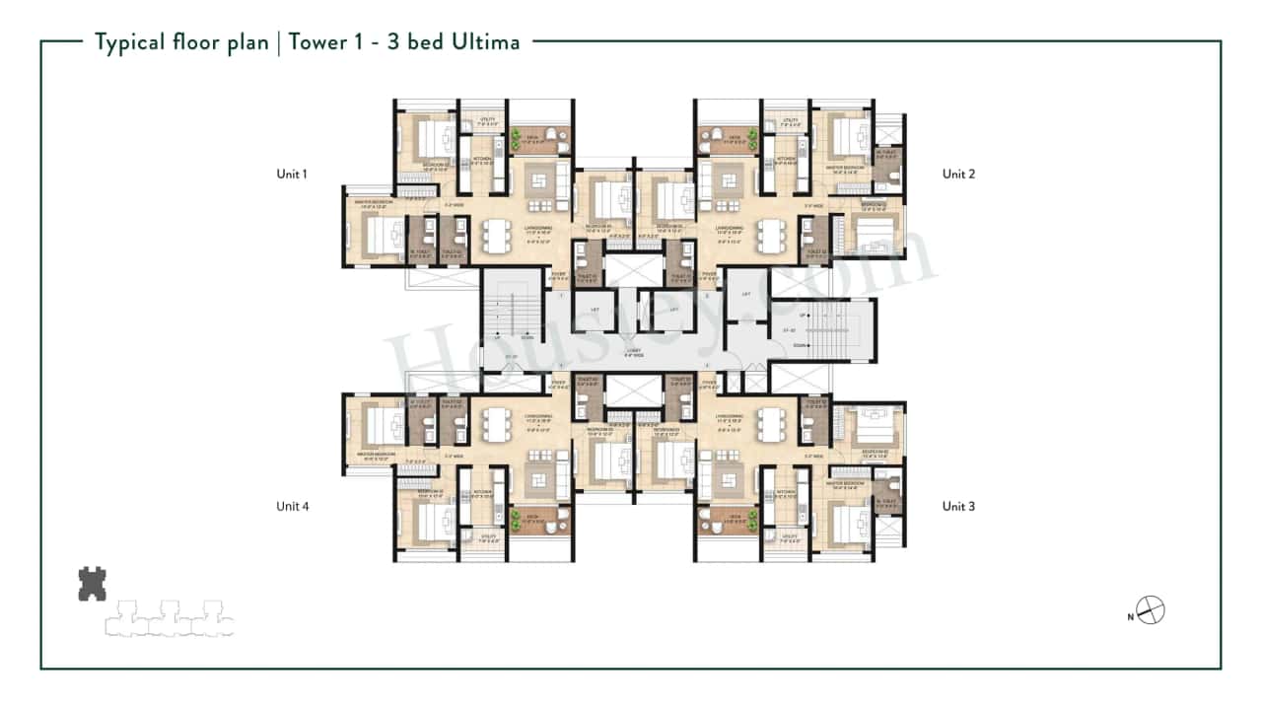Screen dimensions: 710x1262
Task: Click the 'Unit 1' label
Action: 292,175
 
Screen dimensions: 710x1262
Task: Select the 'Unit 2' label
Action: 958,175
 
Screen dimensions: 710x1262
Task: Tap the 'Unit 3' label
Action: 958,507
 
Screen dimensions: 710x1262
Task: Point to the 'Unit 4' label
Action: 292,507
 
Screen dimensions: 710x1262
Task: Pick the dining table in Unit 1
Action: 494,237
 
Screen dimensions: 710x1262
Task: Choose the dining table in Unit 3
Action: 769,426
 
